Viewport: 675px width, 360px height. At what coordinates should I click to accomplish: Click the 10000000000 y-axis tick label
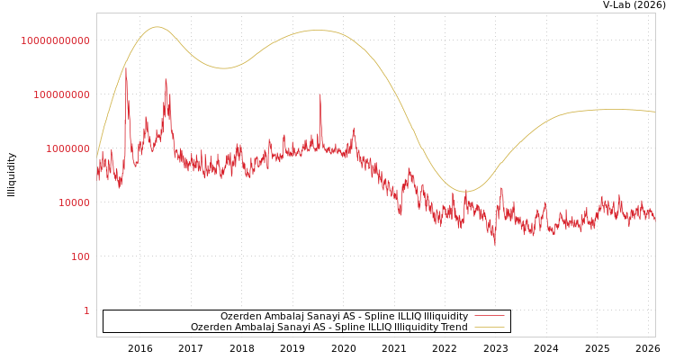coord(55,40)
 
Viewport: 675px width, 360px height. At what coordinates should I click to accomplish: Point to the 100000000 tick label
coord(55,94)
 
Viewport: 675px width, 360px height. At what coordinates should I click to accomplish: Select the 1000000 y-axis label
coord(60,148)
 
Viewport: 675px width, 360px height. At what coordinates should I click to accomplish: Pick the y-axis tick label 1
coord(86,310)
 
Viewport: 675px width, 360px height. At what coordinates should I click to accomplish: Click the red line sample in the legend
coord(489,316)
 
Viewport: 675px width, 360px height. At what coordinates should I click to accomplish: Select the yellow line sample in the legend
coord(489,327)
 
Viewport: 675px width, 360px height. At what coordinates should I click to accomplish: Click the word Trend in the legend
coord(452,327)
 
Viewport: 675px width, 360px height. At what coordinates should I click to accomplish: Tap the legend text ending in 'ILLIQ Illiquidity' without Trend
coord(344,316)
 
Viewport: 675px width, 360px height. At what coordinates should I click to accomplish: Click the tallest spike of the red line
coord(126,68)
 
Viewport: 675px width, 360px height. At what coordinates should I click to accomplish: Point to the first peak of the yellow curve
coord(157,27)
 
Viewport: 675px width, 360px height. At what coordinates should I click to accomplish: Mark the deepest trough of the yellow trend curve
coord(465,191)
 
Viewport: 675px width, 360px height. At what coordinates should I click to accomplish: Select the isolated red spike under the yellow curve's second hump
coord(320,94)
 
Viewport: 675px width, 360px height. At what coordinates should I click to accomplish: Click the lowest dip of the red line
coord(494,243)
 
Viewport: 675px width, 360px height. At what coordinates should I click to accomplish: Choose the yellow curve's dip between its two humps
coord(223,68)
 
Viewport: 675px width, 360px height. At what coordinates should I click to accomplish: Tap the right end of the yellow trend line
coord(654,112)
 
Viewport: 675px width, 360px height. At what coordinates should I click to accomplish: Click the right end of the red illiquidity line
coord(654,219)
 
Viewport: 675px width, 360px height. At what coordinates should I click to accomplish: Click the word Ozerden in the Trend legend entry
coord(211,327)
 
